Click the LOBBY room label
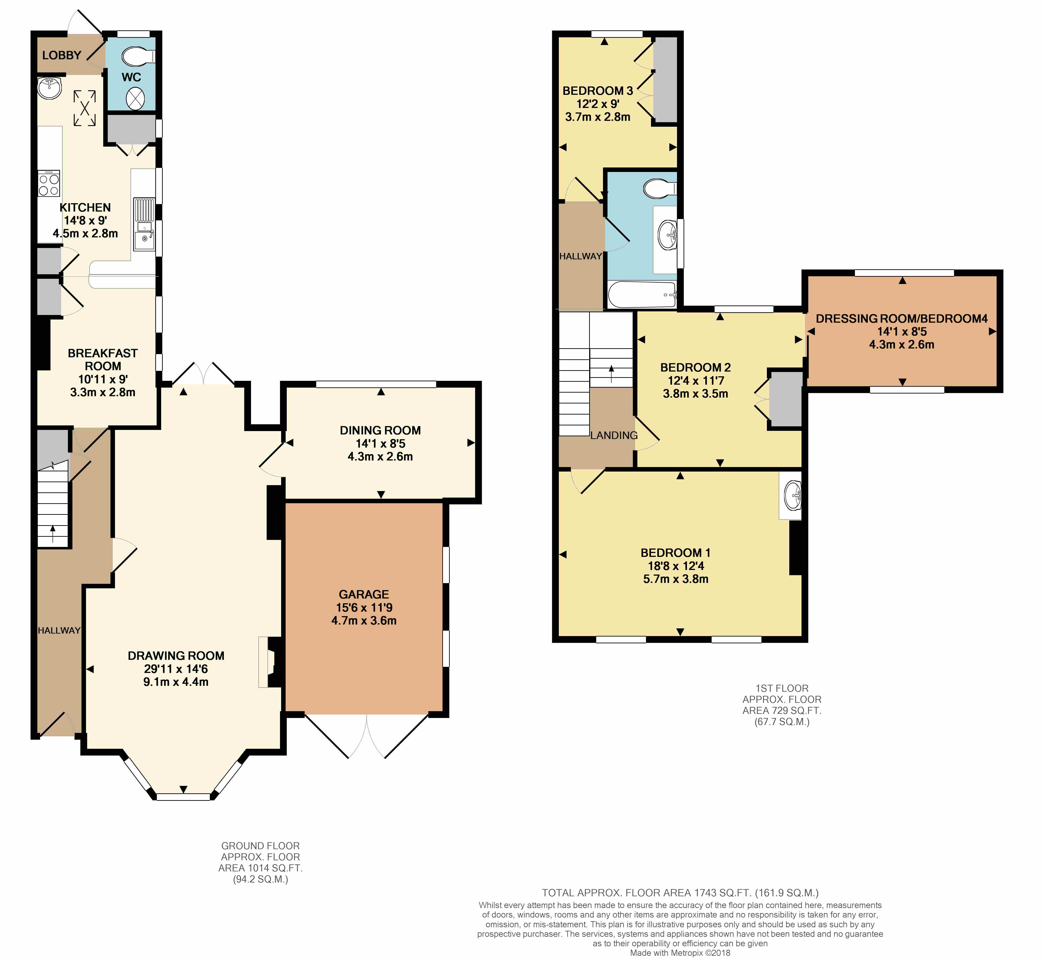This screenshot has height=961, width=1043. (x=61, y=55)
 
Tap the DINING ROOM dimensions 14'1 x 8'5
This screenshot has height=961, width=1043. (x=380, y=444)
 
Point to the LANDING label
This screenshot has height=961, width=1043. (x=614, y=435)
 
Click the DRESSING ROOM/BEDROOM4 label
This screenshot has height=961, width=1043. (x=902, y=319)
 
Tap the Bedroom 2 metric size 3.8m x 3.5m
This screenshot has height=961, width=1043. (x=696, y=394)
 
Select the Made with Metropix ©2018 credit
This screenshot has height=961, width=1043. (x=680, y=953)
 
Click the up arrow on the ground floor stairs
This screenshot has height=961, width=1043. (x=53, y=534)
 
